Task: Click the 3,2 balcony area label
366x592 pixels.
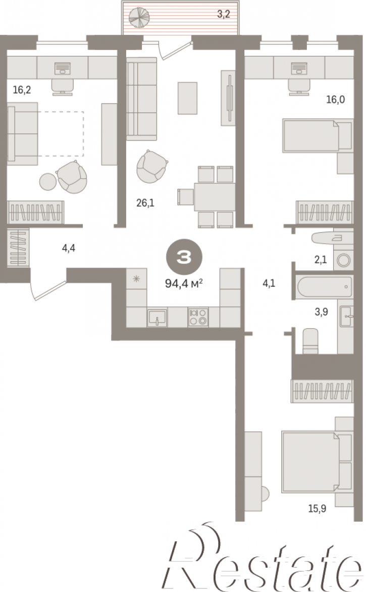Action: [x=223, y=15]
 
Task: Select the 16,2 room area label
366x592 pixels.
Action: [x=22, y=90]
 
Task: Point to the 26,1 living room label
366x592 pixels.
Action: [x=145, y=203]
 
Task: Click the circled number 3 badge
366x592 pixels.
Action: [x=184, y=258]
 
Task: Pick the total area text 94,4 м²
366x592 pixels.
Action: [x=184, y=283]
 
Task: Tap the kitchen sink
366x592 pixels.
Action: [x=157, y=318]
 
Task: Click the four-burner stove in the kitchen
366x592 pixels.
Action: [x=198, y=316]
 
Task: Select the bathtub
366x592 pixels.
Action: [x=325, y=287]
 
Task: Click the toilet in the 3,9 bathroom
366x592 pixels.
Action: [x=310, y=341]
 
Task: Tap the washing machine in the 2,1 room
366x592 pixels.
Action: [x=343, y=260]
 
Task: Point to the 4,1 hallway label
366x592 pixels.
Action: [x=269, y=283]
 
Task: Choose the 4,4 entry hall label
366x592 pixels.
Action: [x=69, y=248]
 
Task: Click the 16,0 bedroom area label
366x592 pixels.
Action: [x=335, y=100]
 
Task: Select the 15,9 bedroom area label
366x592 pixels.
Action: [x=317, y=509]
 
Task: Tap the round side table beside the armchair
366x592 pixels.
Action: [x=48, y=181]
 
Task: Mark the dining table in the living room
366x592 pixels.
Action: [x=215, y=196]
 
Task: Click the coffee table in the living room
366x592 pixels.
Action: [x=187, y=98]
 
